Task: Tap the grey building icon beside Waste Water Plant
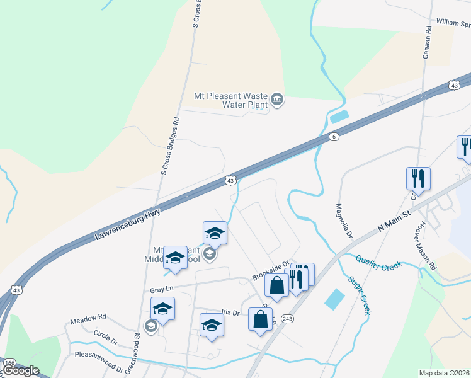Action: pos(276,100)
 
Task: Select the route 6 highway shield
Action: pos(334,137)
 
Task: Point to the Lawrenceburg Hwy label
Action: pos(128,224)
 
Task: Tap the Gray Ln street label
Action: pos(161,289)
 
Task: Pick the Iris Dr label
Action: pos(230,312)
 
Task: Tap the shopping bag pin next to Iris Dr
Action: pos(260,319)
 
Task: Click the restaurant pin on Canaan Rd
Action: pos(418,178)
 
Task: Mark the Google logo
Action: pos(21,370)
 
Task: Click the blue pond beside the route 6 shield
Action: pos(339,116)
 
